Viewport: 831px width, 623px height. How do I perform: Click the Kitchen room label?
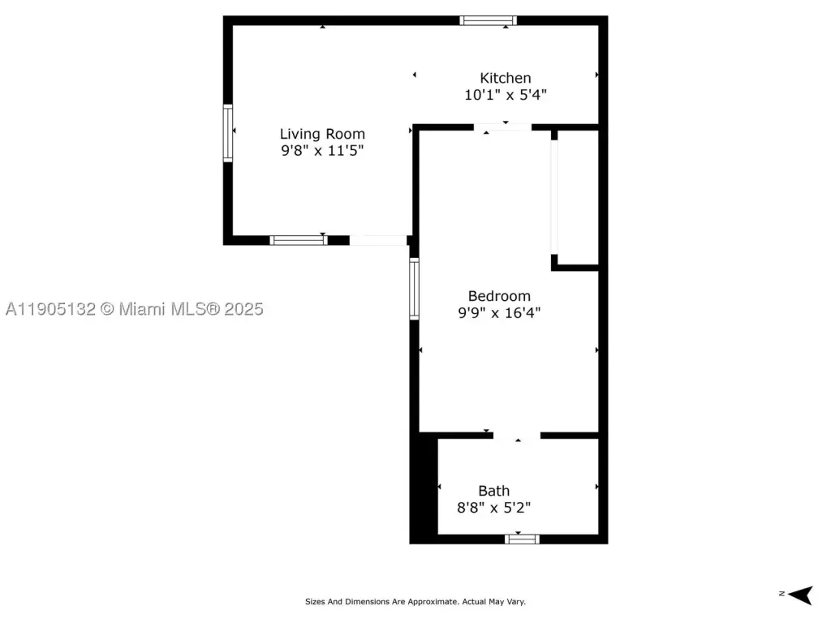click(x=505, y=78)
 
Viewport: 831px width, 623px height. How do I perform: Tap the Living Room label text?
click(x=322, y=134)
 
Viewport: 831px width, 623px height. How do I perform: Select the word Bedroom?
click(x=499, y=295)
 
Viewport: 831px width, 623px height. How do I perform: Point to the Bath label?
click(x=494, y=491)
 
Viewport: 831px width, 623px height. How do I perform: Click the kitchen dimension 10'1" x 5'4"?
click(x=505, y=95)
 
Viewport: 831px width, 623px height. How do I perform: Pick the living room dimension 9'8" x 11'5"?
click(x=322, y=150)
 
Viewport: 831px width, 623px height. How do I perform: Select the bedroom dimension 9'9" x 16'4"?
click(x=499, y=312)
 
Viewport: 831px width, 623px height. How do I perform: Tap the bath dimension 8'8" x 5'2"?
click(x=494, y=508)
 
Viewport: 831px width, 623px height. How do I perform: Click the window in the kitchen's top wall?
click(x=488, y=20)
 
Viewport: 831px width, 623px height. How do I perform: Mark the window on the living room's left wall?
click(x=228, y=133)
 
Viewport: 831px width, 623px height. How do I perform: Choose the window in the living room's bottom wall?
click(x=299, y=240)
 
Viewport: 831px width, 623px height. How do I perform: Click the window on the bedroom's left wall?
click(x=415, y=289)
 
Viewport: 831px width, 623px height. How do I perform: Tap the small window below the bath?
click(x=522, y=539)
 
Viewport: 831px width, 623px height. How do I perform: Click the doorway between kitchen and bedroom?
click(x=502, y=127)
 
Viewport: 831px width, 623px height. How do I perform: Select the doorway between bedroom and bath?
click(x=517, y=436)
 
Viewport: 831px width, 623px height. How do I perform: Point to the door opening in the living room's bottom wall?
click(x=378, y=240)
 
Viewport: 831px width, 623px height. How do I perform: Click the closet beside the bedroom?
click(x=578, y=198)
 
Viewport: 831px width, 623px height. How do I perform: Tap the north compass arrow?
click(x=800, y=595)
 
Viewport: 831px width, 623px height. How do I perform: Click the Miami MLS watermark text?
click(x=134, y=309)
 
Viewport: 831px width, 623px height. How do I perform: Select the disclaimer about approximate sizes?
click(x=415, y=602)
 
